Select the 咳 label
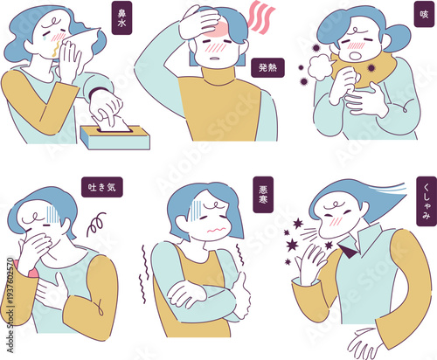click(x=424, y=15)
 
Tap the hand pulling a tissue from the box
click(x=108, y=107)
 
